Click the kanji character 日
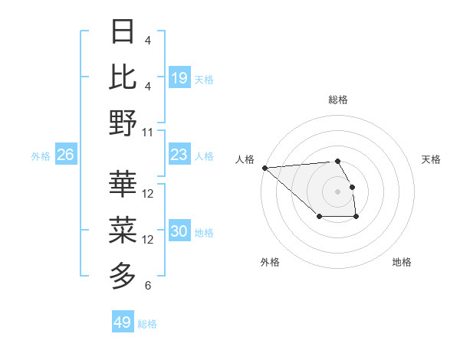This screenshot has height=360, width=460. (x=123, y=33)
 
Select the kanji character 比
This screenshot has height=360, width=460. (x=123, y=77)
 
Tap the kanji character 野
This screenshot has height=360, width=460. (x=123, y=123)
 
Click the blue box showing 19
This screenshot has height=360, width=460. (x=179, y=78)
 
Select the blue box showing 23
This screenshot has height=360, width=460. (x=179, y=155)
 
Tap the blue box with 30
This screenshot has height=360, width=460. (x=179, y=232)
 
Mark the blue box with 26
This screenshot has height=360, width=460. (x=65, y=155)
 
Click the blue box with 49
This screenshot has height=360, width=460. (x=123, y=322)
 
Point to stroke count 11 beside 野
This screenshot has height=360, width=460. (x=148, y=132)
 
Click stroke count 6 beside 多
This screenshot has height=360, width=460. (x=148, y=286)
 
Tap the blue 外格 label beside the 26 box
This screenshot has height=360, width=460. (x=41, y=156)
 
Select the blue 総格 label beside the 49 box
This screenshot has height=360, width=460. (x=147, y=324)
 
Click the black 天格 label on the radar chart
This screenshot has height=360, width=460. (x=432, y=159)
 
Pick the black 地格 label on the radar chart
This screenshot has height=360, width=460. (x=402, y=262)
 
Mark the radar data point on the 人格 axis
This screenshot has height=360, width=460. (x=264, y=168)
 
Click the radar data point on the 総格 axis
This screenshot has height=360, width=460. (x=338, y=161)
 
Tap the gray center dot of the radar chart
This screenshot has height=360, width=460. (x=338, y=191)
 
